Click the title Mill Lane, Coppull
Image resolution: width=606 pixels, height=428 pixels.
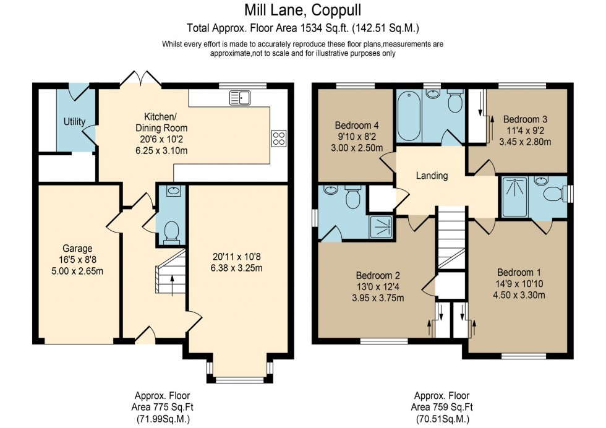point(302,10)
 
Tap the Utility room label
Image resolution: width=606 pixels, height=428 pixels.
point(74,122)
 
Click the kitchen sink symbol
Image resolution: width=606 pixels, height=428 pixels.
point(239,97)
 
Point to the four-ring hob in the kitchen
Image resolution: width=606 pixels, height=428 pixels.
point(278,139)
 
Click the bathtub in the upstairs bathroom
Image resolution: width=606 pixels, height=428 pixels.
point(409,115)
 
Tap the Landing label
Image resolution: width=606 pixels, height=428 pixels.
point(432,176)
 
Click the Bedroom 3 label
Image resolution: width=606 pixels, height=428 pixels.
point(525,119)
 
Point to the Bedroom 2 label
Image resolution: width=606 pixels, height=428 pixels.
point(378,275)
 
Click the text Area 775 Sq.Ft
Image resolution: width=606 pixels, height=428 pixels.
point(162,407)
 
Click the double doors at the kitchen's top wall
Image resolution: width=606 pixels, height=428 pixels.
point(140,79)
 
